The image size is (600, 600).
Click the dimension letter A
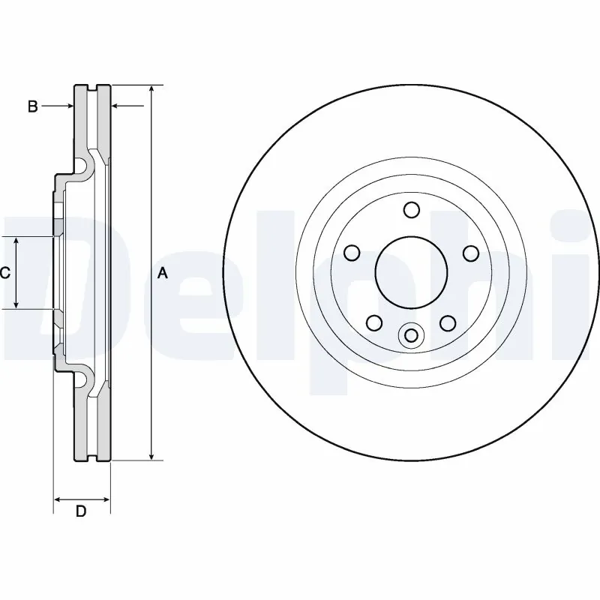(x=162, y=274)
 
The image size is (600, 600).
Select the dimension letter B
(x=32, y=106)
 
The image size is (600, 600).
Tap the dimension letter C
(x=4, y=273)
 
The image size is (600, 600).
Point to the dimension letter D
(x=81, y=511)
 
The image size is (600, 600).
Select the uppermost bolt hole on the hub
(x=411, y=209)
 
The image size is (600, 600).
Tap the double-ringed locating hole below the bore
(x=411, y=335)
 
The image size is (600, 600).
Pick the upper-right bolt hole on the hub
(x=470, y=253)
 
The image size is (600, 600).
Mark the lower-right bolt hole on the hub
(x=448, y=322)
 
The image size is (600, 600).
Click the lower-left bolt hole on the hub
(x=373, y=322)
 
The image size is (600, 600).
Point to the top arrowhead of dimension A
(x=151, y=89)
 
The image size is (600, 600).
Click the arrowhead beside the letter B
(x=69, y=106)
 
